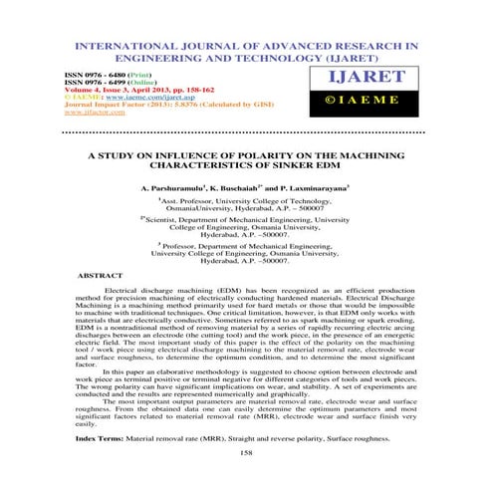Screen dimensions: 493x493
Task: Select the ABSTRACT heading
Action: pyautogui.click(x=101, y=272)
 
